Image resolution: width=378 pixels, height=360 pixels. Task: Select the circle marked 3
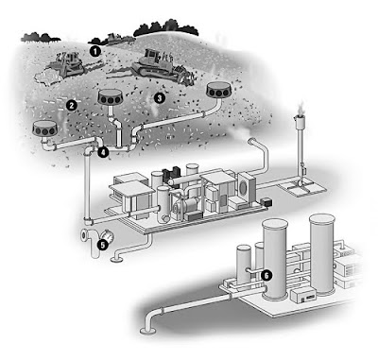click(160, 96)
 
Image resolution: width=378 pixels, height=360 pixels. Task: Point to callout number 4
click(102, 150)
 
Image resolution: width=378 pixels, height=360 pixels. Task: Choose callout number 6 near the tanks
click(266, 275)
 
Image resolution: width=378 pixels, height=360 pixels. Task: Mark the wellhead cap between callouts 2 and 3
click(117, 99)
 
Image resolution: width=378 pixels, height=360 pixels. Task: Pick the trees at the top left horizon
click(47, 36)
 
